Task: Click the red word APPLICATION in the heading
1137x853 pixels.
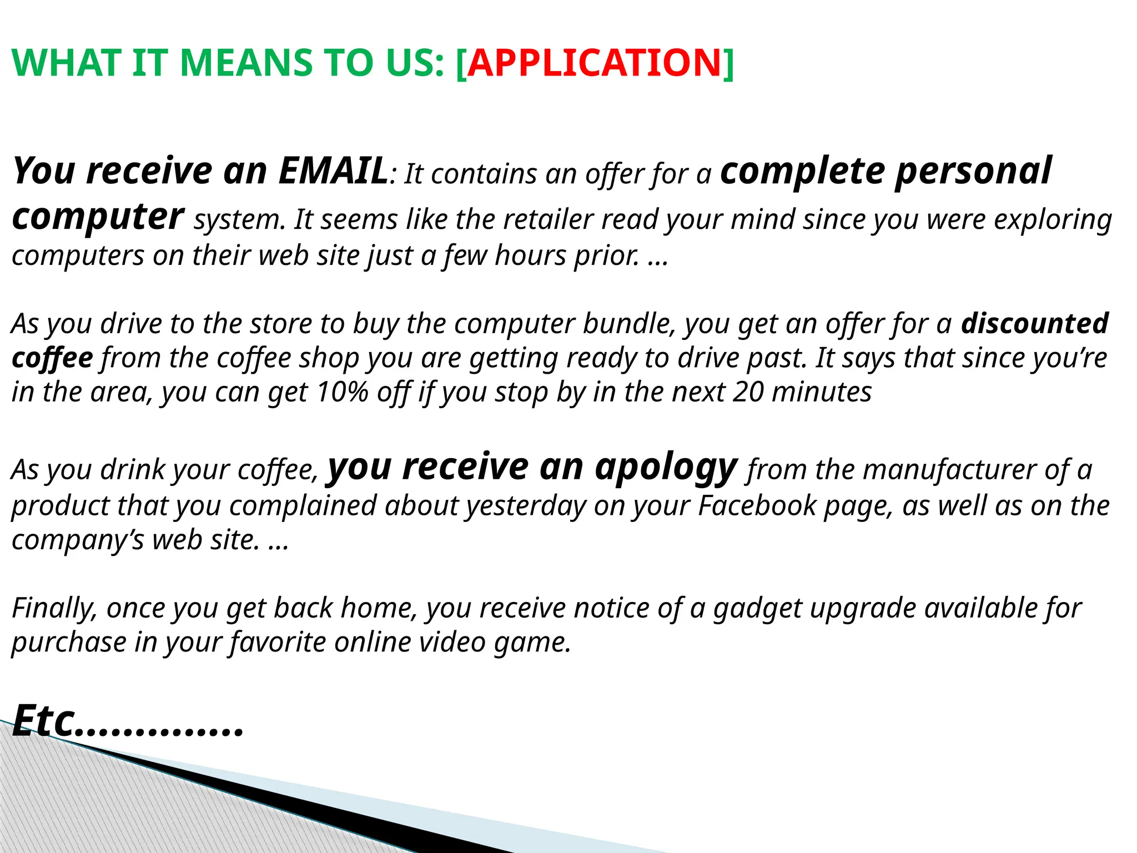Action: (x=594, y=62)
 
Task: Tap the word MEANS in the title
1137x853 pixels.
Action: (x=245, y=62)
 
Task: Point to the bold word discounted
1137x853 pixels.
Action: (x=1035, y=323)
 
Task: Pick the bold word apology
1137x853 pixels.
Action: (x=666, y=468)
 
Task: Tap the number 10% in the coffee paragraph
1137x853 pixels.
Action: (x=343, y=392)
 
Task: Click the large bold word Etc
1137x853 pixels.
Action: (x=43, y=721)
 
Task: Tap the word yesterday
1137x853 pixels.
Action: (x=525, y=505)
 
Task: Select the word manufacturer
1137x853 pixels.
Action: (x=950, y=470)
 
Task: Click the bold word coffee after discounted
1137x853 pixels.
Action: (x=52, y=358)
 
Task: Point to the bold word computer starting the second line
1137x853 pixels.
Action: (x=97, y=217)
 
